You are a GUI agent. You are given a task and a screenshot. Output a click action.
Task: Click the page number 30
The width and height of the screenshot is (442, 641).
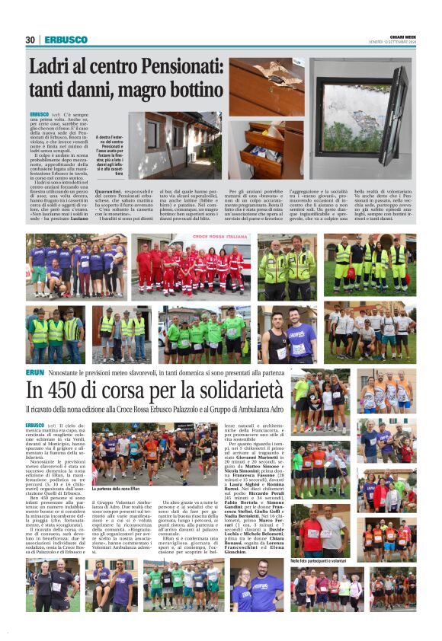(x=30, y=40)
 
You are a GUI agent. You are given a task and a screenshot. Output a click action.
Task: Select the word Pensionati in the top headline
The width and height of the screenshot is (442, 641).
(x=169, y=67)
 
